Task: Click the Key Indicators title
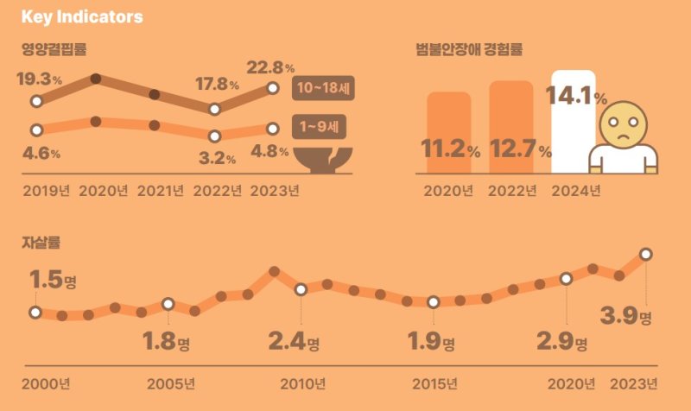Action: point(82,17)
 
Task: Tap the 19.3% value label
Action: point(39,79)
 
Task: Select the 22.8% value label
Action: point(270,66)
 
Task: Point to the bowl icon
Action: point(323,158)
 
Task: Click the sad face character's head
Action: point(623,125)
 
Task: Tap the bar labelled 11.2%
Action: point(449,134)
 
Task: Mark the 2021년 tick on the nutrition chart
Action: point(160,191)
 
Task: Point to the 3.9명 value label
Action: point(626,316)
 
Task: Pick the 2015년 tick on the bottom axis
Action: point(436,383)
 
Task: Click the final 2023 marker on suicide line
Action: point(645,254)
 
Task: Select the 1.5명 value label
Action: point(54,281)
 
